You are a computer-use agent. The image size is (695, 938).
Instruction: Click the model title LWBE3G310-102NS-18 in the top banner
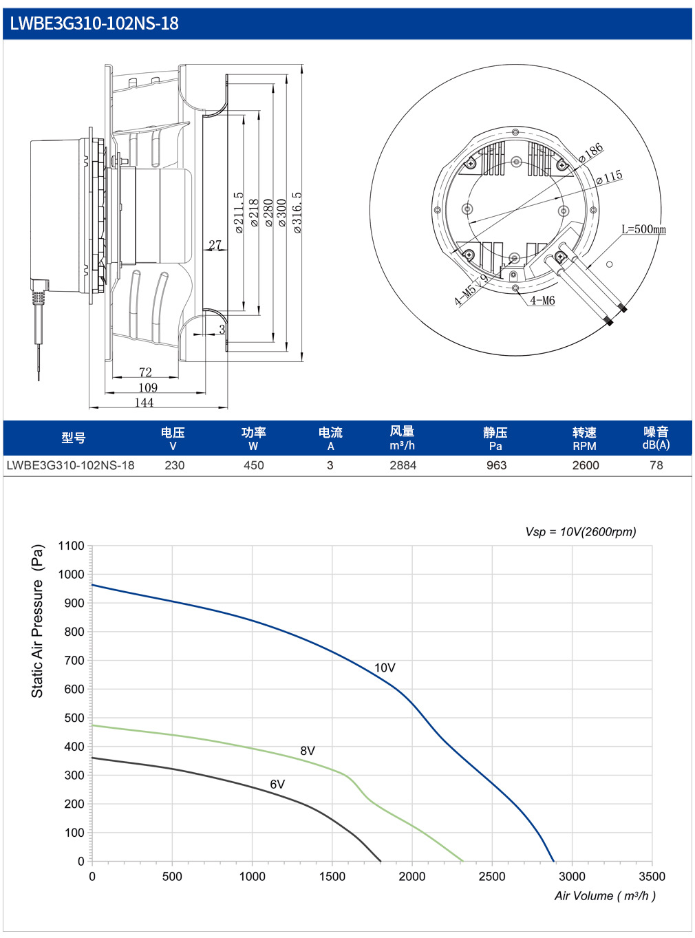click(94, 23)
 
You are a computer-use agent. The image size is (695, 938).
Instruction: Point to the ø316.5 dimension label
click(297, 212)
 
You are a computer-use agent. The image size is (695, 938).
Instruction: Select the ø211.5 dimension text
click(239, 212)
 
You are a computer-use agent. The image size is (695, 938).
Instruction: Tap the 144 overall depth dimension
click(144, 402)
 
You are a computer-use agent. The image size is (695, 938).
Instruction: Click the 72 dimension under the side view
click(145, 372)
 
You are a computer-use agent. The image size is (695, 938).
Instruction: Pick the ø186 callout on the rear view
click(590, 153)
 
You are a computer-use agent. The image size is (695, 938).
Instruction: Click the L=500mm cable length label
click(643, 230)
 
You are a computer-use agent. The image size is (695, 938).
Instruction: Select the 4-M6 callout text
click(542, 301)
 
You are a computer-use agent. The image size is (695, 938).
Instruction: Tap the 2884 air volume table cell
click(403, 466)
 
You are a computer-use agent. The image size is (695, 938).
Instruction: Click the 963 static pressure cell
click(496, 466)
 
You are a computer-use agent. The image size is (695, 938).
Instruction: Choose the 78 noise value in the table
click(656, 466)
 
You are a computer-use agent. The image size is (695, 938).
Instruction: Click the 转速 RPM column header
click(585, 438)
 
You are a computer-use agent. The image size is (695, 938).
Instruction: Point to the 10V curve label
click(385, 668)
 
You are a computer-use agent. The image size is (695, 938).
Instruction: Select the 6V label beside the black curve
click(277, 785)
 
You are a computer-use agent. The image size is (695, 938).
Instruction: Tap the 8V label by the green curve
click(308, 751)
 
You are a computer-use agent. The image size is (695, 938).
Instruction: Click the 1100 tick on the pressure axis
click(71, 546)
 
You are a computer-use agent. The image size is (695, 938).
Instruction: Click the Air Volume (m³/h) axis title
click(605, 896)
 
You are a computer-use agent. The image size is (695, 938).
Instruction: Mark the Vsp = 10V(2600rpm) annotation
click(580, 532)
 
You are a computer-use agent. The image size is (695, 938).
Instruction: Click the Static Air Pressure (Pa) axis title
click(38, 621)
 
